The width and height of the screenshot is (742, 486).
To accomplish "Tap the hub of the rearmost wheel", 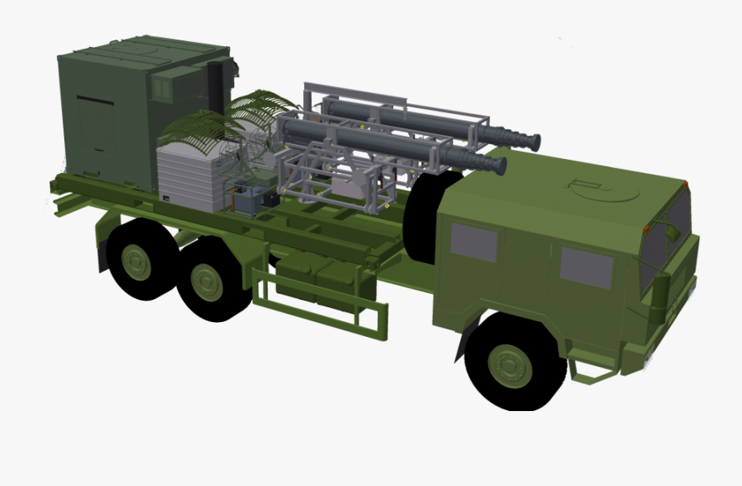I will coord(137,261).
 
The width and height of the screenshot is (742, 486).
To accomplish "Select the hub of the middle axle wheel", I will coord(207,283).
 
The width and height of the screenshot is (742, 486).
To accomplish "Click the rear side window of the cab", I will coord(474,242).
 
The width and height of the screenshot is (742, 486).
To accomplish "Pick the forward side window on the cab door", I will coord(586,268).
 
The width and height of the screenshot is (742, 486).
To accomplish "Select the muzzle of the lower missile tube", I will coord(498,165).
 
